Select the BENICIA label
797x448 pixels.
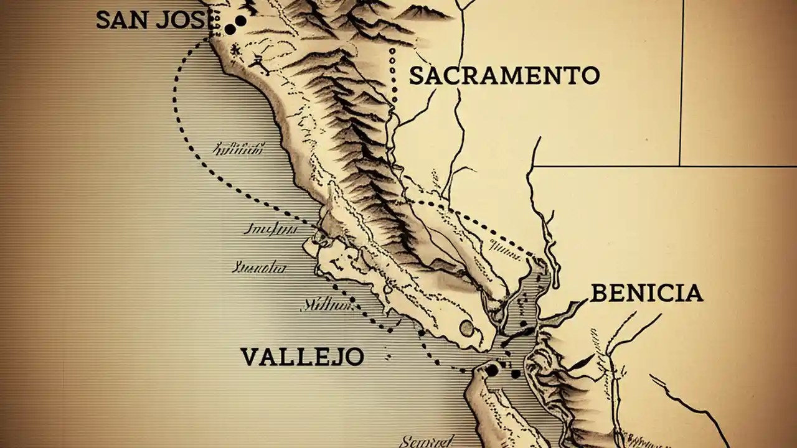[646, 293]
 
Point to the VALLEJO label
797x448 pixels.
[302, 357]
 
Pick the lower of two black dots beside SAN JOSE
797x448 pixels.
[230, 29]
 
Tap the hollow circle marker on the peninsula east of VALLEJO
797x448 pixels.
[466, 328]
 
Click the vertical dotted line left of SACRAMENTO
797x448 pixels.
[393, 75]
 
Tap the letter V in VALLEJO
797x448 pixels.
[248, 357]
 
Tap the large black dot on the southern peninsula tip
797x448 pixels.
[493, 371]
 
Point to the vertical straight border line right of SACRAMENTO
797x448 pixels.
[681, 81]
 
